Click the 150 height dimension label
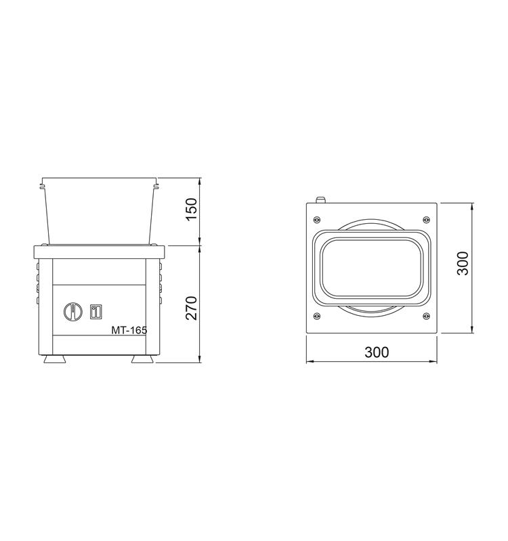click(191, 210)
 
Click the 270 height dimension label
click(191, 308)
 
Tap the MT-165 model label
click(129, 330)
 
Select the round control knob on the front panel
click(73, 312)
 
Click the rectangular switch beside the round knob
click(96, 312)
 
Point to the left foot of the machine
click(55, 359)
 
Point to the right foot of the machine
click(142, 359)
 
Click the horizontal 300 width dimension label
click(377, 352)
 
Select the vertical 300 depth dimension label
click(463, 263)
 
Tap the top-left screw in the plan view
click(316, 219)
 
